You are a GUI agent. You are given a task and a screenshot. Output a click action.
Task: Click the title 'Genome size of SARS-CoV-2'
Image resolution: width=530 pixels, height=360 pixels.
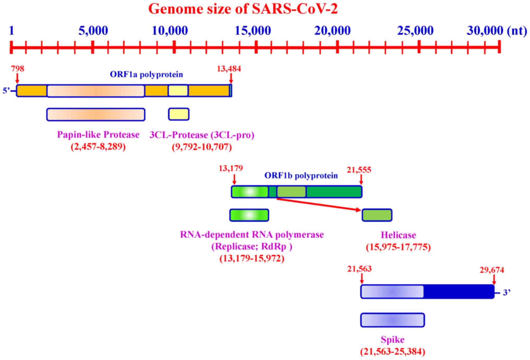point(243,9)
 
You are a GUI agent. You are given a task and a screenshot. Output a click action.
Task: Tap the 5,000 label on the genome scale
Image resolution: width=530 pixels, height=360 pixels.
point(93,31)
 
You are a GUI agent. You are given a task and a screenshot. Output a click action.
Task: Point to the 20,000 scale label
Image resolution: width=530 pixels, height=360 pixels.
point(332,31)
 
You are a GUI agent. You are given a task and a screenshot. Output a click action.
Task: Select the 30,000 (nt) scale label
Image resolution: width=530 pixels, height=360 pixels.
point(497,31)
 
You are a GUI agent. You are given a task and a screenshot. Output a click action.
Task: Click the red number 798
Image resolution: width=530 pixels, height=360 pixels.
point(17,69)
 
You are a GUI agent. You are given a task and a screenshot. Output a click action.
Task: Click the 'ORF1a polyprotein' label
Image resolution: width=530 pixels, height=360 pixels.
point(146,75)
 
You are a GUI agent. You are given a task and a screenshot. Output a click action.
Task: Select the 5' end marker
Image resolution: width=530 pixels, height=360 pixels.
point(7,91)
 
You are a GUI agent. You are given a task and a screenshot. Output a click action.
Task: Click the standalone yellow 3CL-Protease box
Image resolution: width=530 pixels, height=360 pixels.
point(179,114)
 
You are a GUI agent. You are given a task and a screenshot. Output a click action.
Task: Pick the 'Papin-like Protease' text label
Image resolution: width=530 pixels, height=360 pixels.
point(98,135)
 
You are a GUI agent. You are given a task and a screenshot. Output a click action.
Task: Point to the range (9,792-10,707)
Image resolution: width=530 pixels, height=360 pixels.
point(202,147)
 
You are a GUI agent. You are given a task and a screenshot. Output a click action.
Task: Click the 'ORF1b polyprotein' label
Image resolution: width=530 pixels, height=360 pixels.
point(301,176)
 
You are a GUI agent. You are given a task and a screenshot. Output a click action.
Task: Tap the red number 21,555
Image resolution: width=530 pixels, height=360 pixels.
point(359,170)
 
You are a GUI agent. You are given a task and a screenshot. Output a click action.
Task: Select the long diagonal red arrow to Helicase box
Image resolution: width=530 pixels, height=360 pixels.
point(318,204)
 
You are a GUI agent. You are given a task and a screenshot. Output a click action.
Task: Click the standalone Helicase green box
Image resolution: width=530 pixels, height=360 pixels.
point(377,215)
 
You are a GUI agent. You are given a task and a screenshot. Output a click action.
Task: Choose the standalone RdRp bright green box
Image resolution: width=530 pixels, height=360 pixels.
point(249,215)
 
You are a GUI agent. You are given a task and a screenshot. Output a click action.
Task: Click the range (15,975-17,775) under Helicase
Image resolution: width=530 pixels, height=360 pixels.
point(398,247)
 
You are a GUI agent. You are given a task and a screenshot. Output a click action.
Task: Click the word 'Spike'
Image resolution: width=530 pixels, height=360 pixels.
point(392,340)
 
